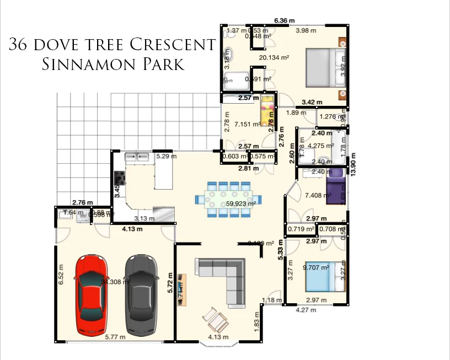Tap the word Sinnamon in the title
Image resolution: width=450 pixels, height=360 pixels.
83,65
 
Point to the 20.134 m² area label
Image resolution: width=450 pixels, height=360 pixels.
274,57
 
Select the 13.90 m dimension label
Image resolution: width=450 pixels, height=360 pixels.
353,163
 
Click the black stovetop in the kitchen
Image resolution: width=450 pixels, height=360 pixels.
119,178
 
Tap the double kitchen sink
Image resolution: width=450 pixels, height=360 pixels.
137,157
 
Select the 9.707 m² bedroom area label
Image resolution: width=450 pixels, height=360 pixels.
316,267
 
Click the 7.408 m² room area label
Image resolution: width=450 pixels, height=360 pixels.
318,195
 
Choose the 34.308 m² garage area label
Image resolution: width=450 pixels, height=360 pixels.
115,282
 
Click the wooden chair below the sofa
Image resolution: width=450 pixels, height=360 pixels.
215,318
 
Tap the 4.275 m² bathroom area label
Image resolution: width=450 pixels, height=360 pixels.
321,146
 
